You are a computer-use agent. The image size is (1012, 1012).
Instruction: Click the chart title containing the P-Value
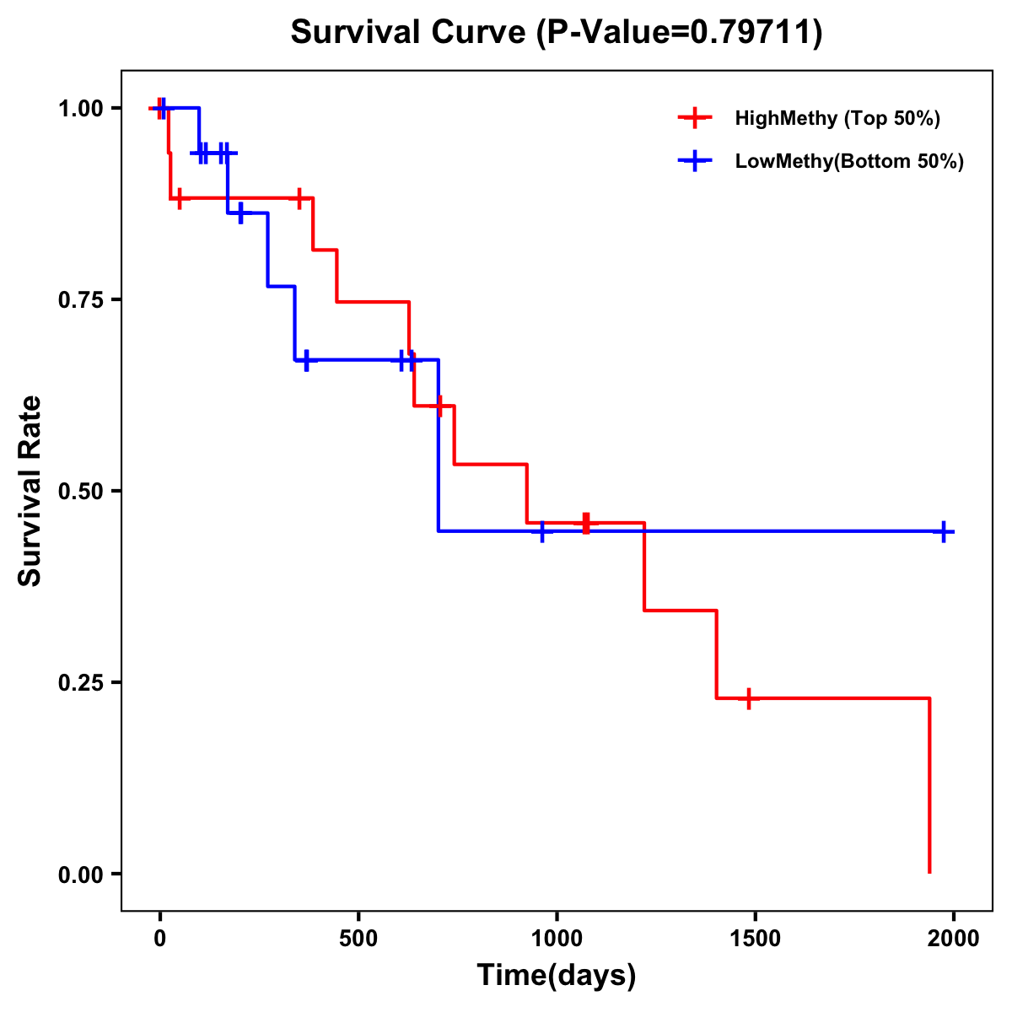(557, 32)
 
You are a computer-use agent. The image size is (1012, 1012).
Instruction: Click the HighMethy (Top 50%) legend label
(837, 118)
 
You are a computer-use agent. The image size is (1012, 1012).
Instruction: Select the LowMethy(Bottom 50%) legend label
(849, 161)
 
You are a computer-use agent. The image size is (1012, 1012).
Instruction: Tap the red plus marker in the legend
(695, 118)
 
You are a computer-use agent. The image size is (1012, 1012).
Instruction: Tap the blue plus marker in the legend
(695, 161)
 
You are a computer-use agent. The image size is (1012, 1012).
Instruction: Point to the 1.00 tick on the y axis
(80, 109)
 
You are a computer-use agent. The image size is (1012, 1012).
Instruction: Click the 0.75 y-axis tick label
(80, 300)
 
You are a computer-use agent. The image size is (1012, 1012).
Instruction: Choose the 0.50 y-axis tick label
(80, 492)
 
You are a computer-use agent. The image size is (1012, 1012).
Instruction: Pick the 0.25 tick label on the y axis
(80, 683)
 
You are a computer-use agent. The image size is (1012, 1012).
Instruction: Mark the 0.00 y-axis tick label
(80, 875)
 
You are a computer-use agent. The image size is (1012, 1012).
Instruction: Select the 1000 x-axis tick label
(557, 939)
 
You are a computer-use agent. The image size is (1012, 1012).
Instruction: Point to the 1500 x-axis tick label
(755, 939)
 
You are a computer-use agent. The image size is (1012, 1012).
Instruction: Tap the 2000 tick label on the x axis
(953, 939)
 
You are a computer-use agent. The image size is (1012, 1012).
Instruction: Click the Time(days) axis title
(557, 976)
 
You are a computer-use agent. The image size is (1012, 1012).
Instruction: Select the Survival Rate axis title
(30, 491)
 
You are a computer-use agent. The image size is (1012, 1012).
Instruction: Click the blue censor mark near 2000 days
(944, 531)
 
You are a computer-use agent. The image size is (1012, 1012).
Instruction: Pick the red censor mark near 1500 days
(748, 698)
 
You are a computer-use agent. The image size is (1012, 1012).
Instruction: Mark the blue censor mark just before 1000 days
(542, 531)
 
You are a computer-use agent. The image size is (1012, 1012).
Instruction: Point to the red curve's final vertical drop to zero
(929, 784)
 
